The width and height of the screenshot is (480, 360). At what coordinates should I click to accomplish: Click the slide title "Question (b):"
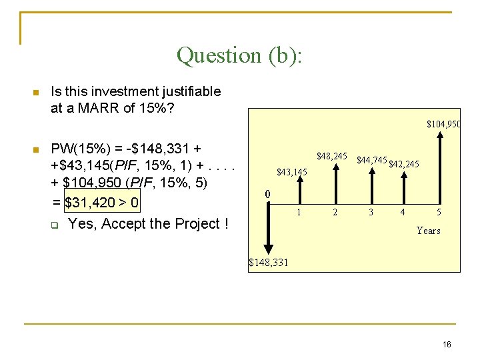coord(239,55)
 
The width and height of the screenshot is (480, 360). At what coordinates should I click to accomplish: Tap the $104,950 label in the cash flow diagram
coord(443,124)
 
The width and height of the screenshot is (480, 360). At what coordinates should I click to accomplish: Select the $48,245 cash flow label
coord(331,156)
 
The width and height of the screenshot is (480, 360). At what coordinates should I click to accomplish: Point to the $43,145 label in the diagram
coord(292,173)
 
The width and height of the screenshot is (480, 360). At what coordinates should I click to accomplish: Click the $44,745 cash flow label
coord(371,160)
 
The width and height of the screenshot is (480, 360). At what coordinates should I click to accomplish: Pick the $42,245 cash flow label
coord(403,164)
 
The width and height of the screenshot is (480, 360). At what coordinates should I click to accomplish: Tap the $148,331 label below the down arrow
coord(269,263)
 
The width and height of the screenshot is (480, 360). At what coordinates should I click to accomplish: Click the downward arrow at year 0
coord(267,227)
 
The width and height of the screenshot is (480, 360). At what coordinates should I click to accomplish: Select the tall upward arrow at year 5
coord(439,167)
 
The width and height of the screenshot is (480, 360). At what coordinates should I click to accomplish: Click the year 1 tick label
coord(299,212)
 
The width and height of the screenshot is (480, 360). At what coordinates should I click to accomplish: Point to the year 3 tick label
coord(371,212)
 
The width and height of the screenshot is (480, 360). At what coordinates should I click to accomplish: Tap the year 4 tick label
coord(402,212)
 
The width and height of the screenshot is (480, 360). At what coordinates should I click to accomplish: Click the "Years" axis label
coord(428,231)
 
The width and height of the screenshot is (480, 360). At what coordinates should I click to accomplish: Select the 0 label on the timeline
coord(267,194)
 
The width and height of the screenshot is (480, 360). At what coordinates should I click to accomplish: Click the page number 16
coord(447,344)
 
